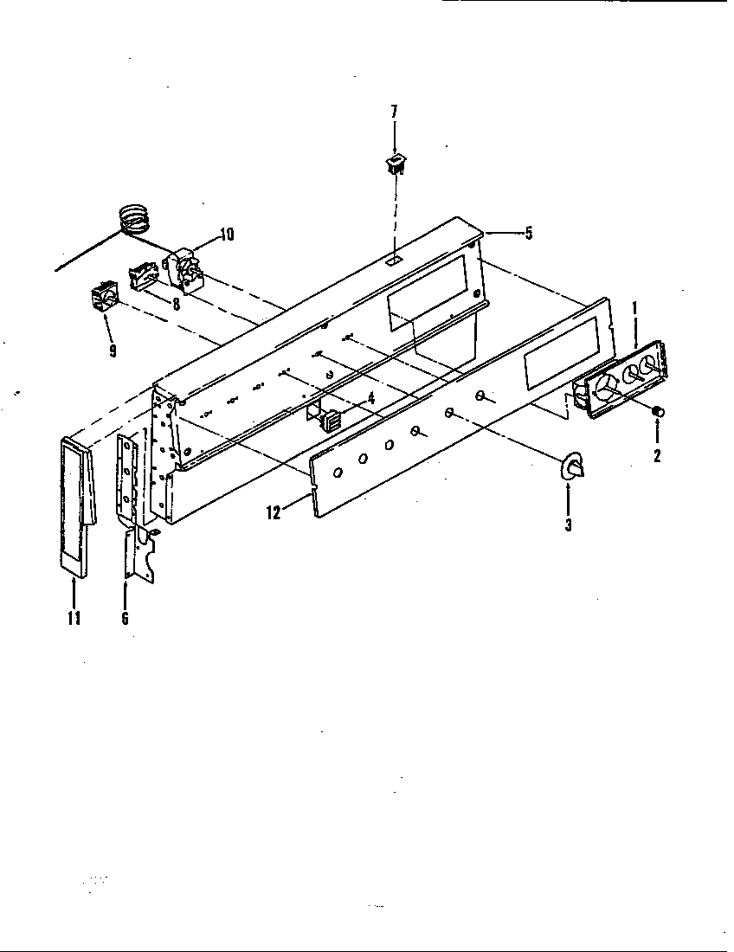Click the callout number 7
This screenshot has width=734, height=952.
[395, 112]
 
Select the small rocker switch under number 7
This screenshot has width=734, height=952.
[395, 164]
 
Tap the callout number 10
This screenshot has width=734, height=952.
[226, 234]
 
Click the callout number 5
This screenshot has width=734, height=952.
[528, 233]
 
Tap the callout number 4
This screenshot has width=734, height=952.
[370, 399]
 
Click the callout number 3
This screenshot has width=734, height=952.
[568, 524]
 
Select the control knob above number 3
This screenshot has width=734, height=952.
[572, 468]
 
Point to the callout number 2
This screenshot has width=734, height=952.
[656, 455]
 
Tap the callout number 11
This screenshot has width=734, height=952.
[74, 617]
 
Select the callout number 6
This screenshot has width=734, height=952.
[126, 617]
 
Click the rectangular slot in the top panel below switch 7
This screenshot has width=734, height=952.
[394, 259]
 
